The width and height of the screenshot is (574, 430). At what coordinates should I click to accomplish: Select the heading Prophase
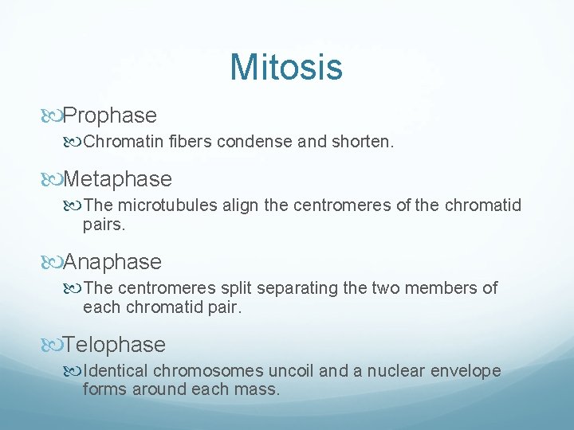point(109,115)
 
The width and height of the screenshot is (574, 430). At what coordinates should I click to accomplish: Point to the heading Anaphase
point(112,262)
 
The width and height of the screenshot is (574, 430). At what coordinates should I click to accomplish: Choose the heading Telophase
point(114,345)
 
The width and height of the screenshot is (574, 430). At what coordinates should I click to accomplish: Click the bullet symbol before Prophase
point(53,116)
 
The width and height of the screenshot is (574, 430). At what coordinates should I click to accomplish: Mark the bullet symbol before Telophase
point(53,346)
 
